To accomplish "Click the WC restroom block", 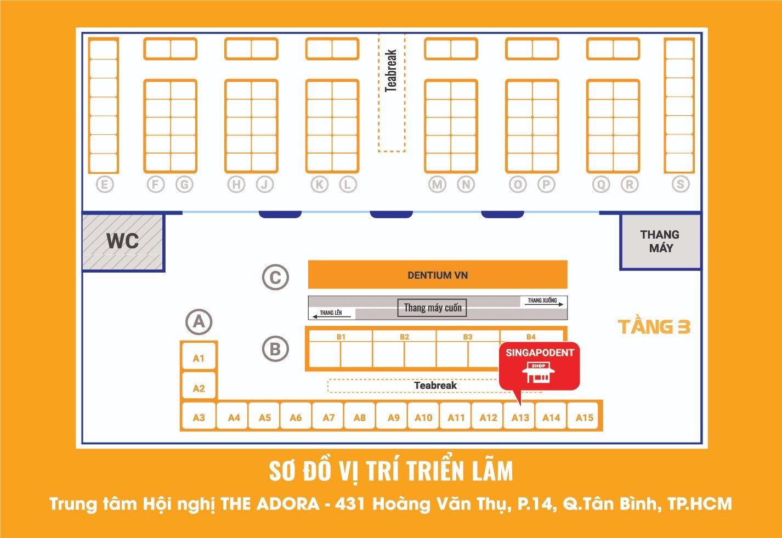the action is tap(123, 242).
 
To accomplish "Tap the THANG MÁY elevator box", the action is tap(660, 242).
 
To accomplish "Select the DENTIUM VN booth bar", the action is tap(438, 275).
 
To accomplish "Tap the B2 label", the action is tap(404, 337).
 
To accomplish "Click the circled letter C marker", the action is tap(275, 278).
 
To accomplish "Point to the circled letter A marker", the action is tap(199, 322).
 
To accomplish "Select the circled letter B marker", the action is tap(275, 349).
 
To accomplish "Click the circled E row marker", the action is tap(105, 184).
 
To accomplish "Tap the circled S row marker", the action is tap(681, 184).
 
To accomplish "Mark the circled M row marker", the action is tap(437, 184).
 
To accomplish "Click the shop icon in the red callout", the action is tap(538, 372).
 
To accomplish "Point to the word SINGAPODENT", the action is tap(540, 353).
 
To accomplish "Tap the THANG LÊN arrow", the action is tap(332, 316).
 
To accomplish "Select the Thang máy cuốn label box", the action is tap(432, 308).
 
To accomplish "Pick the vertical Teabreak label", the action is tap(391, 71).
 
